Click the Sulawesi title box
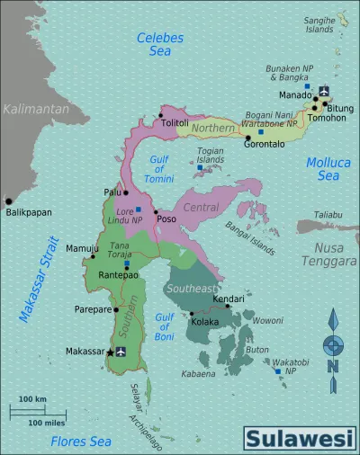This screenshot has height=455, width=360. click(x=300, y=440)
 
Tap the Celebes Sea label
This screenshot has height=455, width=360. click(x=159, y=45)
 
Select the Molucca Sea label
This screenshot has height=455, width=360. click(x=322, y=169)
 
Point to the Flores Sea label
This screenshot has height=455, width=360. click(x=81, y=441)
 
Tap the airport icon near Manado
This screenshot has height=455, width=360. click(x=324, y=90)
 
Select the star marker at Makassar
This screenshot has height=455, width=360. click(x=110, y=352)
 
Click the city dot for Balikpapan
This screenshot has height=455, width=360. click(x=9, y=201)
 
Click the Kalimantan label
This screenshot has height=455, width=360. click(x=36, y=109)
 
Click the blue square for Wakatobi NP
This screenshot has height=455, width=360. click(x=275, y=370)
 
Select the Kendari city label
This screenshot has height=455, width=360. click(x=229, y=298)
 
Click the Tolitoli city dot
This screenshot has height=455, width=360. click(x=162, y=114)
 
